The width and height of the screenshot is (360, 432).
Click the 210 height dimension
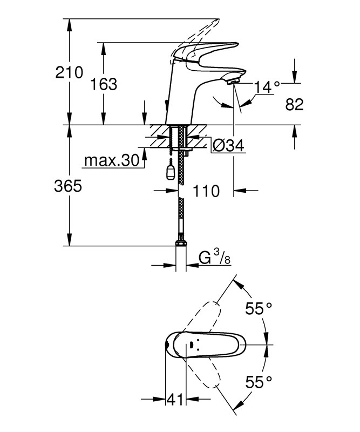[70, 72]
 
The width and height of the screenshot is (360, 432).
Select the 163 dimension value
[103, 84]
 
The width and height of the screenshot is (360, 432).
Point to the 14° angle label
[268, 86]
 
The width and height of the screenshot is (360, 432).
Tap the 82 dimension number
[294, 105]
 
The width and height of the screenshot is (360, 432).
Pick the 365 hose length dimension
[68, 186]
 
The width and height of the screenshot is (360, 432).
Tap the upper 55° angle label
[259, 309]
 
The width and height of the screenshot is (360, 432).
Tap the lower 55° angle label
[259, 382]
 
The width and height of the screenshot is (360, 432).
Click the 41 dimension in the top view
[174, 400]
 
